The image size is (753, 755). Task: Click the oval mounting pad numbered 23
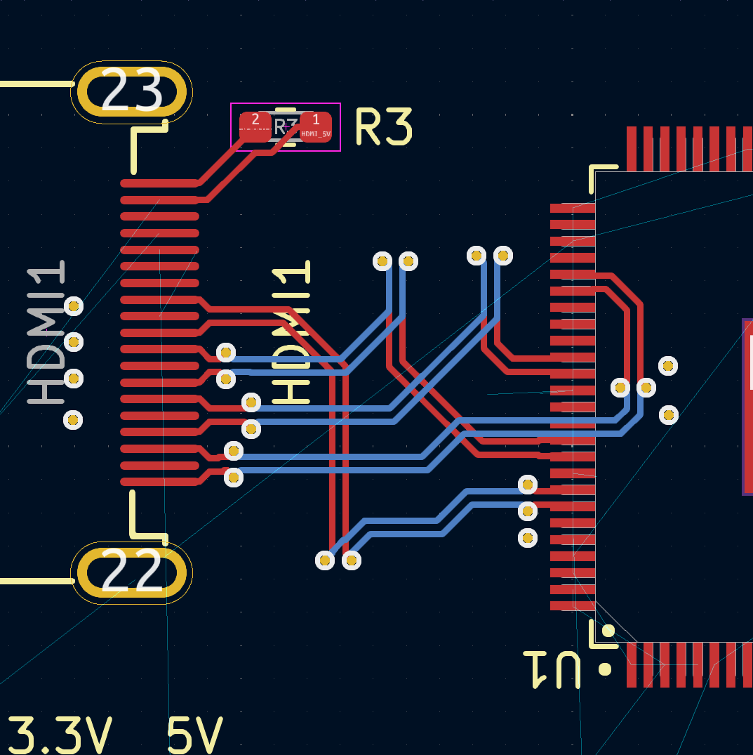pos(132,92)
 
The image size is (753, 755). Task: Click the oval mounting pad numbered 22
pos(132,573)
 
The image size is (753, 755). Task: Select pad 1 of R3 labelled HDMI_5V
pos(316,126)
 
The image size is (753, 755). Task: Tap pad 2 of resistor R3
pos(255,126)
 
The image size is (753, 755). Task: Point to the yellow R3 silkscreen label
pos(383,126)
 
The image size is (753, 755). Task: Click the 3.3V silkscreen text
pos(60,735)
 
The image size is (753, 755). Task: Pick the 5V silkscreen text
pos(194,735)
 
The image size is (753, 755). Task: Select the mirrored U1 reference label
pos(552,669)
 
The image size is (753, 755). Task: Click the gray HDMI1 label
pos(46,333)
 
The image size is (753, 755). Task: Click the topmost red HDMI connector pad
pos(159,183)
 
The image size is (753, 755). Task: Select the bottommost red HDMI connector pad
pos(159,482)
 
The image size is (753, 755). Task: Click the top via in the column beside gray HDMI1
pos(73,306)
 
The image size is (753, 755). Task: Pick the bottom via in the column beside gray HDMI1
pos(73,420)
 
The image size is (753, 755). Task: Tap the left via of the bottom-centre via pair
pos(325,560)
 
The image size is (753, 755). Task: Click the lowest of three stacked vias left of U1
pos(527,538)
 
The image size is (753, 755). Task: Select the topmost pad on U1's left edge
pos(572,208)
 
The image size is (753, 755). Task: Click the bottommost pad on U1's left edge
pos(572,605)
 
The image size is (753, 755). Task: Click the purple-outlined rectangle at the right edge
pos(747,407)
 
